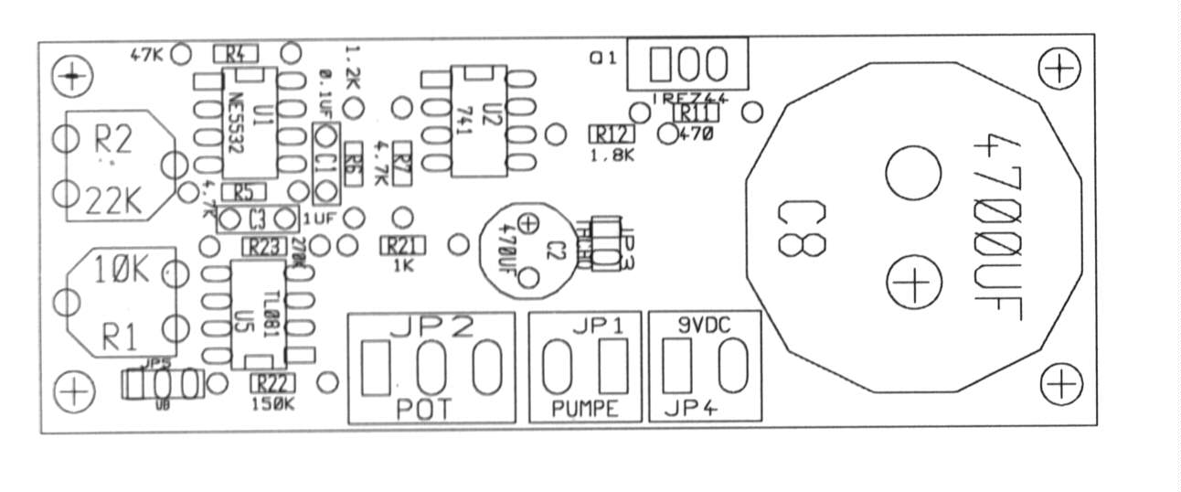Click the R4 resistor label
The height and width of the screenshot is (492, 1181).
(x=235, y=53)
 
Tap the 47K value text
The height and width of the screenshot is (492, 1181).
(x=146, y=54)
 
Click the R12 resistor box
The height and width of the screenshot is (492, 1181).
(x=612, y=134)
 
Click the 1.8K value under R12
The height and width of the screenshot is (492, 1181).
(x=612, y=155)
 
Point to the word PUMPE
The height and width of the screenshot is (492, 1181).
(x=585, y=409)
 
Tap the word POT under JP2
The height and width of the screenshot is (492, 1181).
(x=424, y=409)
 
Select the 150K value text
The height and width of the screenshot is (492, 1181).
(x=271, y=402)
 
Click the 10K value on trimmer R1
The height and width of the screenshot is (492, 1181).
(x=119, y=271)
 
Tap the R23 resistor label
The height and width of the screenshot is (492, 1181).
(x=263, y=246)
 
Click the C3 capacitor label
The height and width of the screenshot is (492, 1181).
(x=257, y=219)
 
